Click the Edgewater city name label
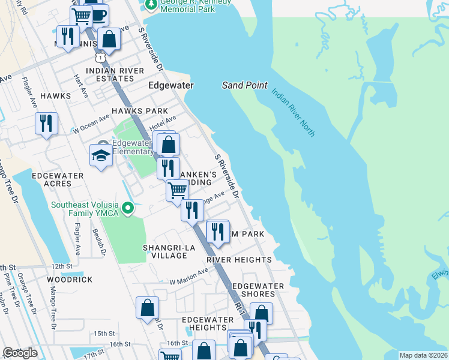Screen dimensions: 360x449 click(x=171, y=86)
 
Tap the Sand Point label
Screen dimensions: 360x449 click(x=244, y=85)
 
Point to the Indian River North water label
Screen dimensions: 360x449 click(x=292, y=112)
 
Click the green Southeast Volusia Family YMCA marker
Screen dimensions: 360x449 click(x=127, y=209)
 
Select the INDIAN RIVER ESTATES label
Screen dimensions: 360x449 click(x=115, y=75)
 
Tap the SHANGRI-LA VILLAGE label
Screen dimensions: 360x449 click(x=164, y=251)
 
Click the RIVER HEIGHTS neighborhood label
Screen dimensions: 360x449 click(x=239, y=260)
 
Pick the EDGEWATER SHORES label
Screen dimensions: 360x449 click(x=253, y=290)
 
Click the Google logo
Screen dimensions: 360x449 click(x=20, y=353)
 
